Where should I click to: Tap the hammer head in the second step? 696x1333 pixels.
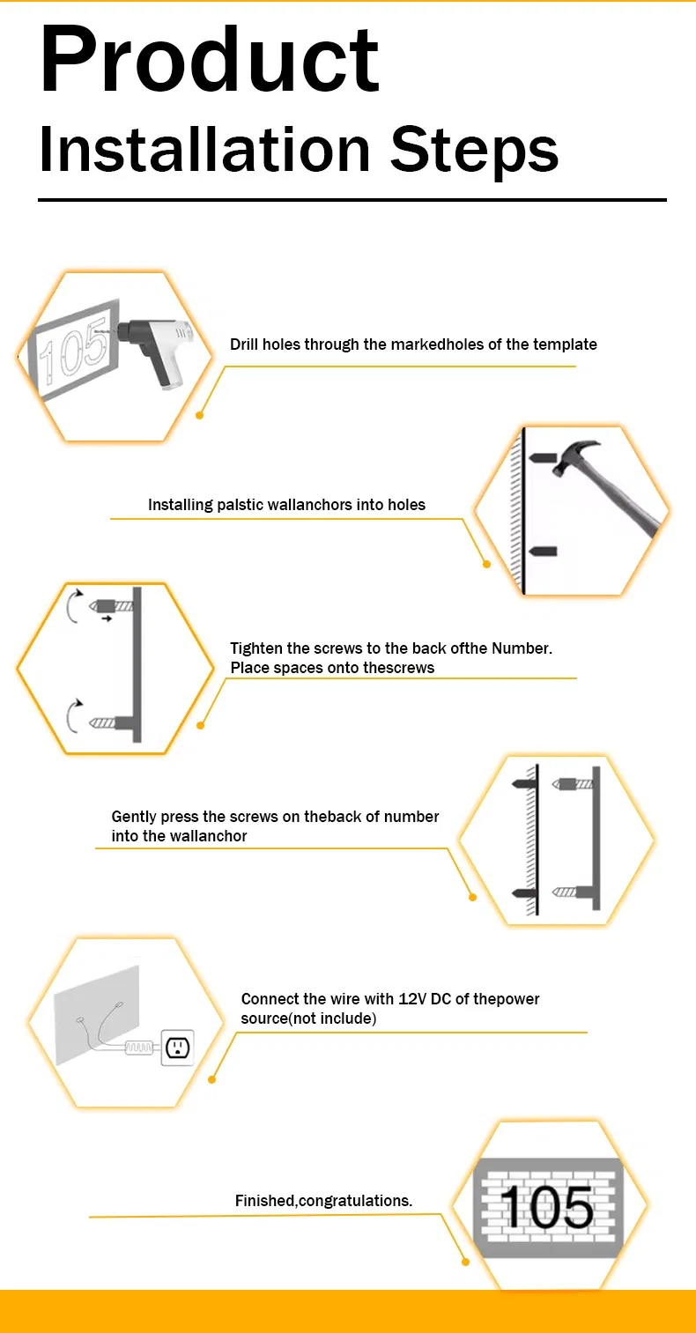(574, 455)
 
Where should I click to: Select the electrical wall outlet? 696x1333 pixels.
(177, 1047)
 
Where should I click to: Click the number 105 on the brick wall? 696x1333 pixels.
(547, 1207)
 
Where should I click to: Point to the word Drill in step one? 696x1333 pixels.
(244, 344)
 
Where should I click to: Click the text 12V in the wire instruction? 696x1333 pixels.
(411, 998)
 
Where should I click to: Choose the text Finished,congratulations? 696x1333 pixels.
(323, 1201)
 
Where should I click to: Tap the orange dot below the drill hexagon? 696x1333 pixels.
(200, 415)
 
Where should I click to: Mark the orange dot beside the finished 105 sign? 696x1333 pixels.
(465, 1262)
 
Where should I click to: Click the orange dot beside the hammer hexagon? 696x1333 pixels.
(486, 564)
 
